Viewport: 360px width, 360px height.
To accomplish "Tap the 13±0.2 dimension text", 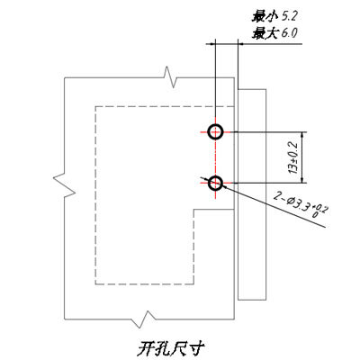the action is [x=292, y=157].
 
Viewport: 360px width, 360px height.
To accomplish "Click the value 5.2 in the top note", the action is [x=290, y=16].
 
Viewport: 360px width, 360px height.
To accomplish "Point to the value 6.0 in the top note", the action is [x=290, y=32].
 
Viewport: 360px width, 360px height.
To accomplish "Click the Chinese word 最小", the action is [x=263, y=16].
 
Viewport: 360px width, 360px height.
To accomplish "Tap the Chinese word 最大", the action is [x=263, y=32].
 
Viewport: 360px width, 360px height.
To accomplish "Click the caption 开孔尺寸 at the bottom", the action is [x=171, y=348].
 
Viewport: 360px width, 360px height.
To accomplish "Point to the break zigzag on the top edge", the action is [x=170, y=77].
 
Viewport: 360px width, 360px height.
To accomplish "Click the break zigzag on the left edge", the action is [x=65, y=185].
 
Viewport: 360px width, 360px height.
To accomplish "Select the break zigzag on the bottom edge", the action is [x=144, y=319].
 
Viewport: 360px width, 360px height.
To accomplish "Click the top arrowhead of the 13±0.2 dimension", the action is [x=302, y=135].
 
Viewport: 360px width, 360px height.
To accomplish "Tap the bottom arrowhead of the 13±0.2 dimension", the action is [x=302, y=180].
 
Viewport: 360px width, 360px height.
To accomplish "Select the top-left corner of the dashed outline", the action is [x=95, y=106].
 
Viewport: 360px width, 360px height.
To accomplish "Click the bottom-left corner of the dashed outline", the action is [x=95, y=284].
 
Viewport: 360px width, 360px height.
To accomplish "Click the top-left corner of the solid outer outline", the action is [x=65, y=78].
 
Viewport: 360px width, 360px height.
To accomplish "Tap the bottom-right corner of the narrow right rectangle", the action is [x=266, y=300].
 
